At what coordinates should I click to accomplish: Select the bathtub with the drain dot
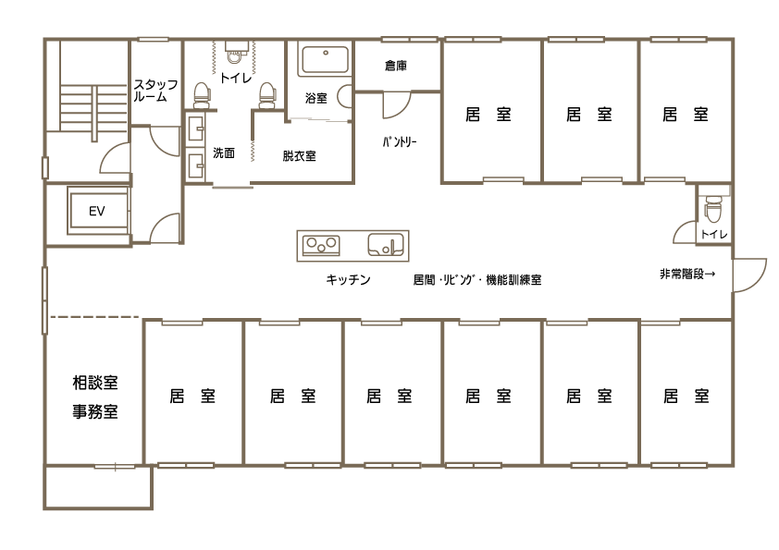coord(323,61)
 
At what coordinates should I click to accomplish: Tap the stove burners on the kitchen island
coord(321,245)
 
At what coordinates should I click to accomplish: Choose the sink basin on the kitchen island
coord(386,245)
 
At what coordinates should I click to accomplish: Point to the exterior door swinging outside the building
coord(748,275)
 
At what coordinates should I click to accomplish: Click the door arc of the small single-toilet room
coord(686,232)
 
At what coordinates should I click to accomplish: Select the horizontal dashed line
coord(93,317)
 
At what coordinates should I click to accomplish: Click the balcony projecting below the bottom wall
coord(97,487)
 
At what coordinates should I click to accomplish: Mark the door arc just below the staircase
coord(116,159)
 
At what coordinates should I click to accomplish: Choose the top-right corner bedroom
coord(686,111)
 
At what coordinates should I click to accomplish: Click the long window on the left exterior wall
coord(43,300)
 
